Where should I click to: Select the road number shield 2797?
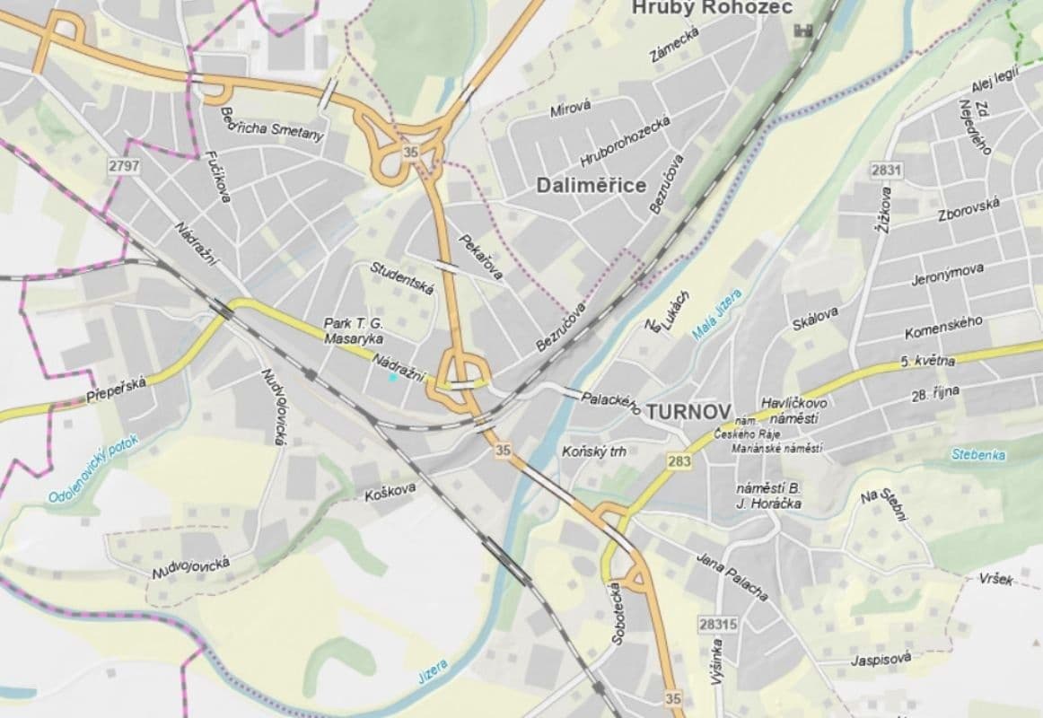pos(123,167)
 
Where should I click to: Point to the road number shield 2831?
pos(885,170)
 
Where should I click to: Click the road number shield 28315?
pos(717,623)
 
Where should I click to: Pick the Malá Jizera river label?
pos(718,315)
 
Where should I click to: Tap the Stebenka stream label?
pos(978,455)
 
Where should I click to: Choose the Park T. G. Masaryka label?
pos(354,331)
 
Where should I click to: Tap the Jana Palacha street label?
pos(732,576)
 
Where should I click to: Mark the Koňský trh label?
pos(593,451)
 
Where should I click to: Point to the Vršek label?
pos(996,579)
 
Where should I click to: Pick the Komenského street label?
pos(942,326)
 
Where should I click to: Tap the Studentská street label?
pos(402,278)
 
